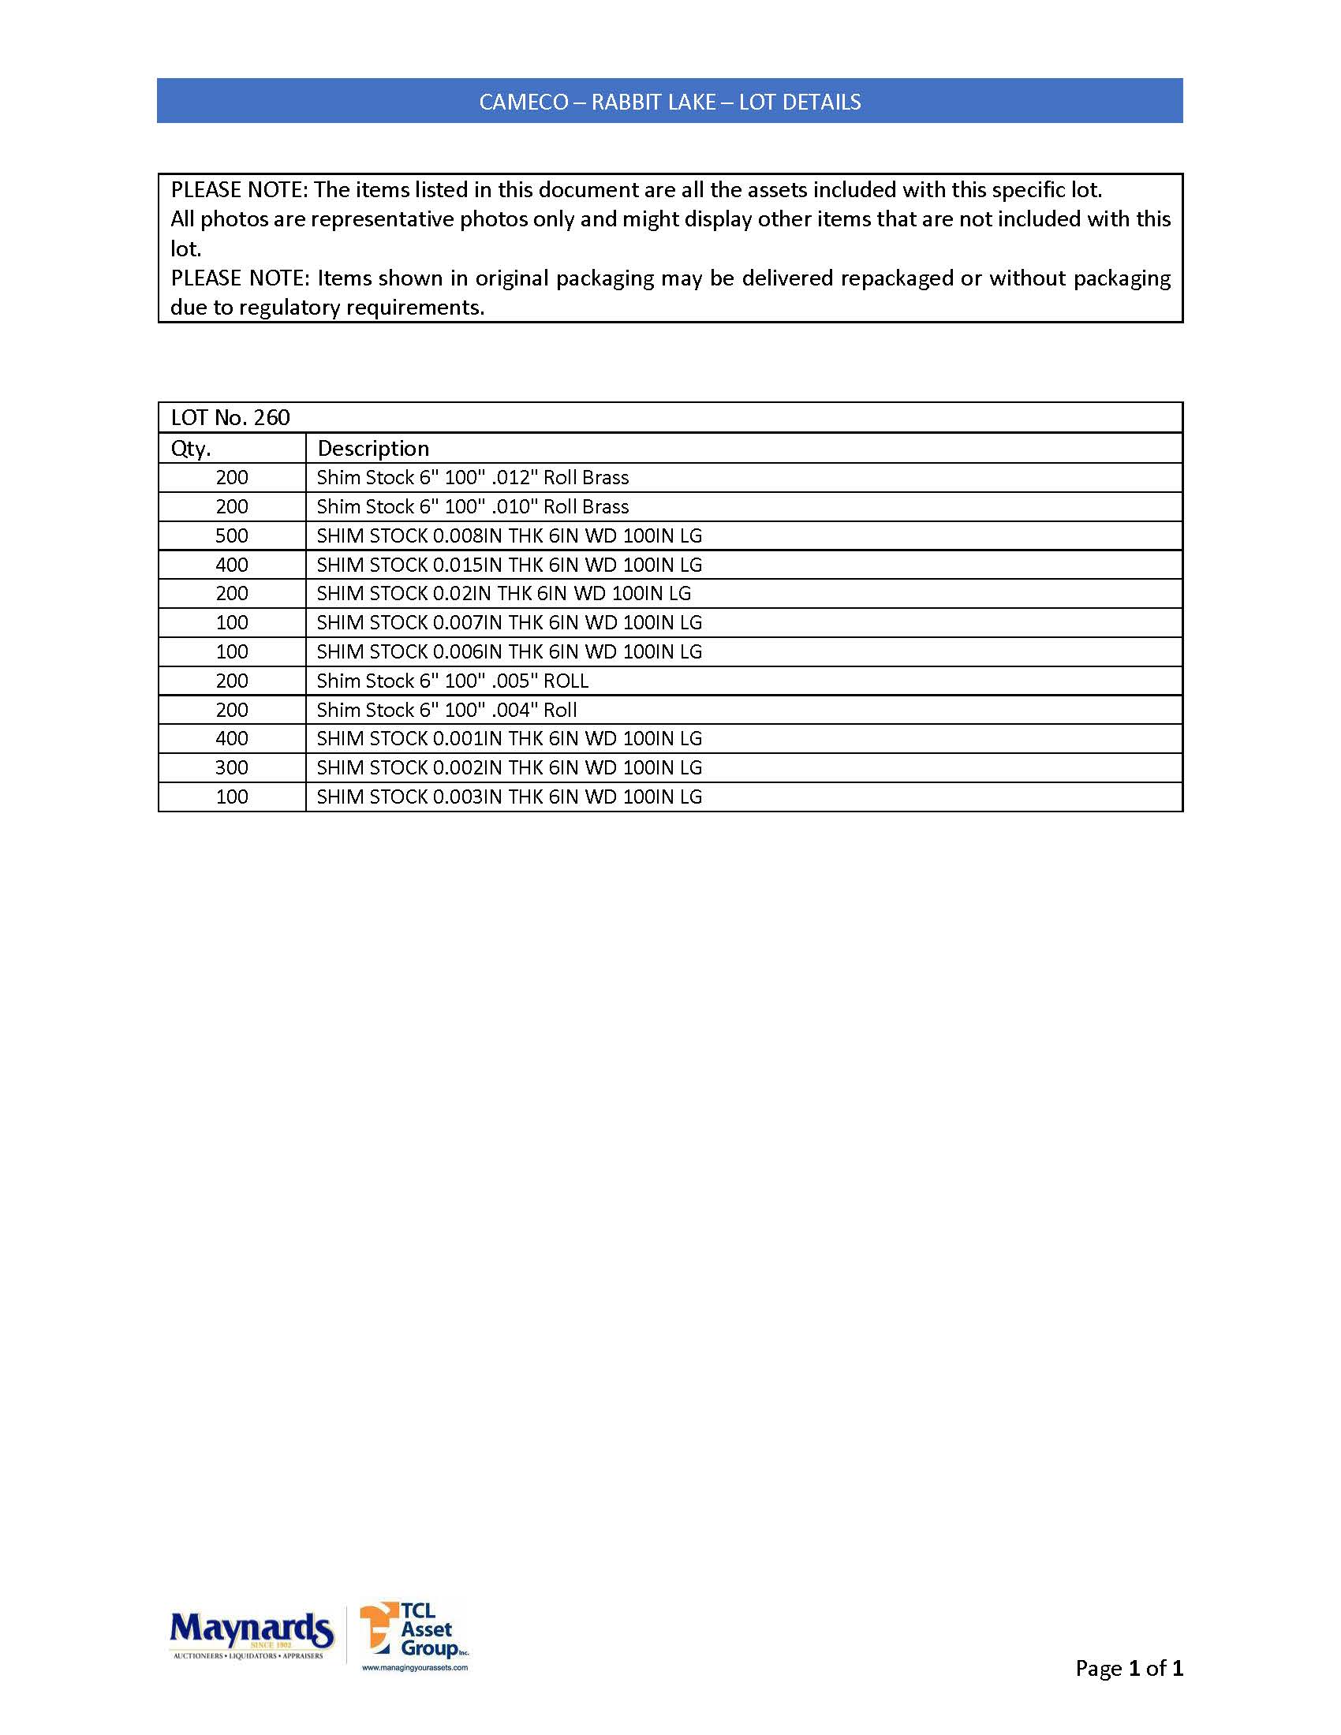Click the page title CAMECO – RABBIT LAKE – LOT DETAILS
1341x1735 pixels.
[670, 102]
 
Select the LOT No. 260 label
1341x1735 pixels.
[230, 418]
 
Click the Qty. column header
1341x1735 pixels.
[191, 449]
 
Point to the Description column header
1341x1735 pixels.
[372, 449]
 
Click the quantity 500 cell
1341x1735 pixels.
[232, 536]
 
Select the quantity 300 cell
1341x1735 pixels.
[232, 768]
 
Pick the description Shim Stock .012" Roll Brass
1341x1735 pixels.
[473, 477]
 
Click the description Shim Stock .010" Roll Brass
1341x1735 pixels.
[473, 507]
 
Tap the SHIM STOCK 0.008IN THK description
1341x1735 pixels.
[510, 536]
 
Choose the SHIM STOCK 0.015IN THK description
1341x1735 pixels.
[510, 565]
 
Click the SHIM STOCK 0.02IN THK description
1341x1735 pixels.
[504, 593]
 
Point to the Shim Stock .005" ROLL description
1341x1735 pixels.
[452, 681]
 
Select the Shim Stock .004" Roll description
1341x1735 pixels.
[446, 711]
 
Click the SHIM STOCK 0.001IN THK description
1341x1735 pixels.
[510, 739]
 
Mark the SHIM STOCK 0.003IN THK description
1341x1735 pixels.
[510, 797]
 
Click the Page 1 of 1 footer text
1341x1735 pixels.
[1129, 1668]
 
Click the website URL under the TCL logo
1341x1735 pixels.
[415, 1667]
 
